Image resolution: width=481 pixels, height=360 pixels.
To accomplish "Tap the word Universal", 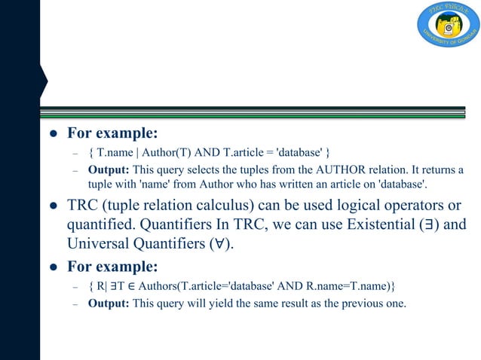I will [99, 243].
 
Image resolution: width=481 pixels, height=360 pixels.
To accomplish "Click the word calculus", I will [235, 205].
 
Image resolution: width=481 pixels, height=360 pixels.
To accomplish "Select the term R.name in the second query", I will [316, 287].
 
